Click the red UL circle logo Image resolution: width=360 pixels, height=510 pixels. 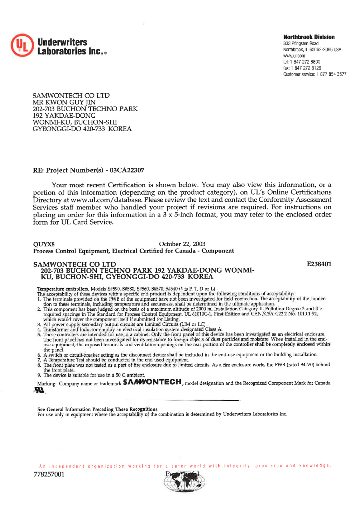[21, 45]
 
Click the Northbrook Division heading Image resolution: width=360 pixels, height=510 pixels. [309, 37]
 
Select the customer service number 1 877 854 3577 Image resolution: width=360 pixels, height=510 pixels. [331, 74]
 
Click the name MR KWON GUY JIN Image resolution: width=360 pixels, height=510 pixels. [64, 102]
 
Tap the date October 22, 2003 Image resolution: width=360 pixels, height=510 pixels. [182, 244]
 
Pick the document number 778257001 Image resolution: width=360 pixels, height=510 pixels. [49, 474]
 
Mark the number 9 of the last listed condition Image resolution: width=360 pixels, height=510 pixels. [39, 375]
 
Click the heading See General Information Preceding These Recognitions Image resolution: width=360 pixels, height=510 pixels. [97, 409]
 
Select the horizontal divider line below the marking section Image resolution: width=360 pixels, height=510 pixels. [182, 400]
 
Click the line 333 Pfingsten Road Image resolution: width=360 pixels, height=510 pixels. [301, 43]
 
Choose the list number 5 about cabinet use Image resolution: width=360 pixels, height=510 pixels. [39, 334]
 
